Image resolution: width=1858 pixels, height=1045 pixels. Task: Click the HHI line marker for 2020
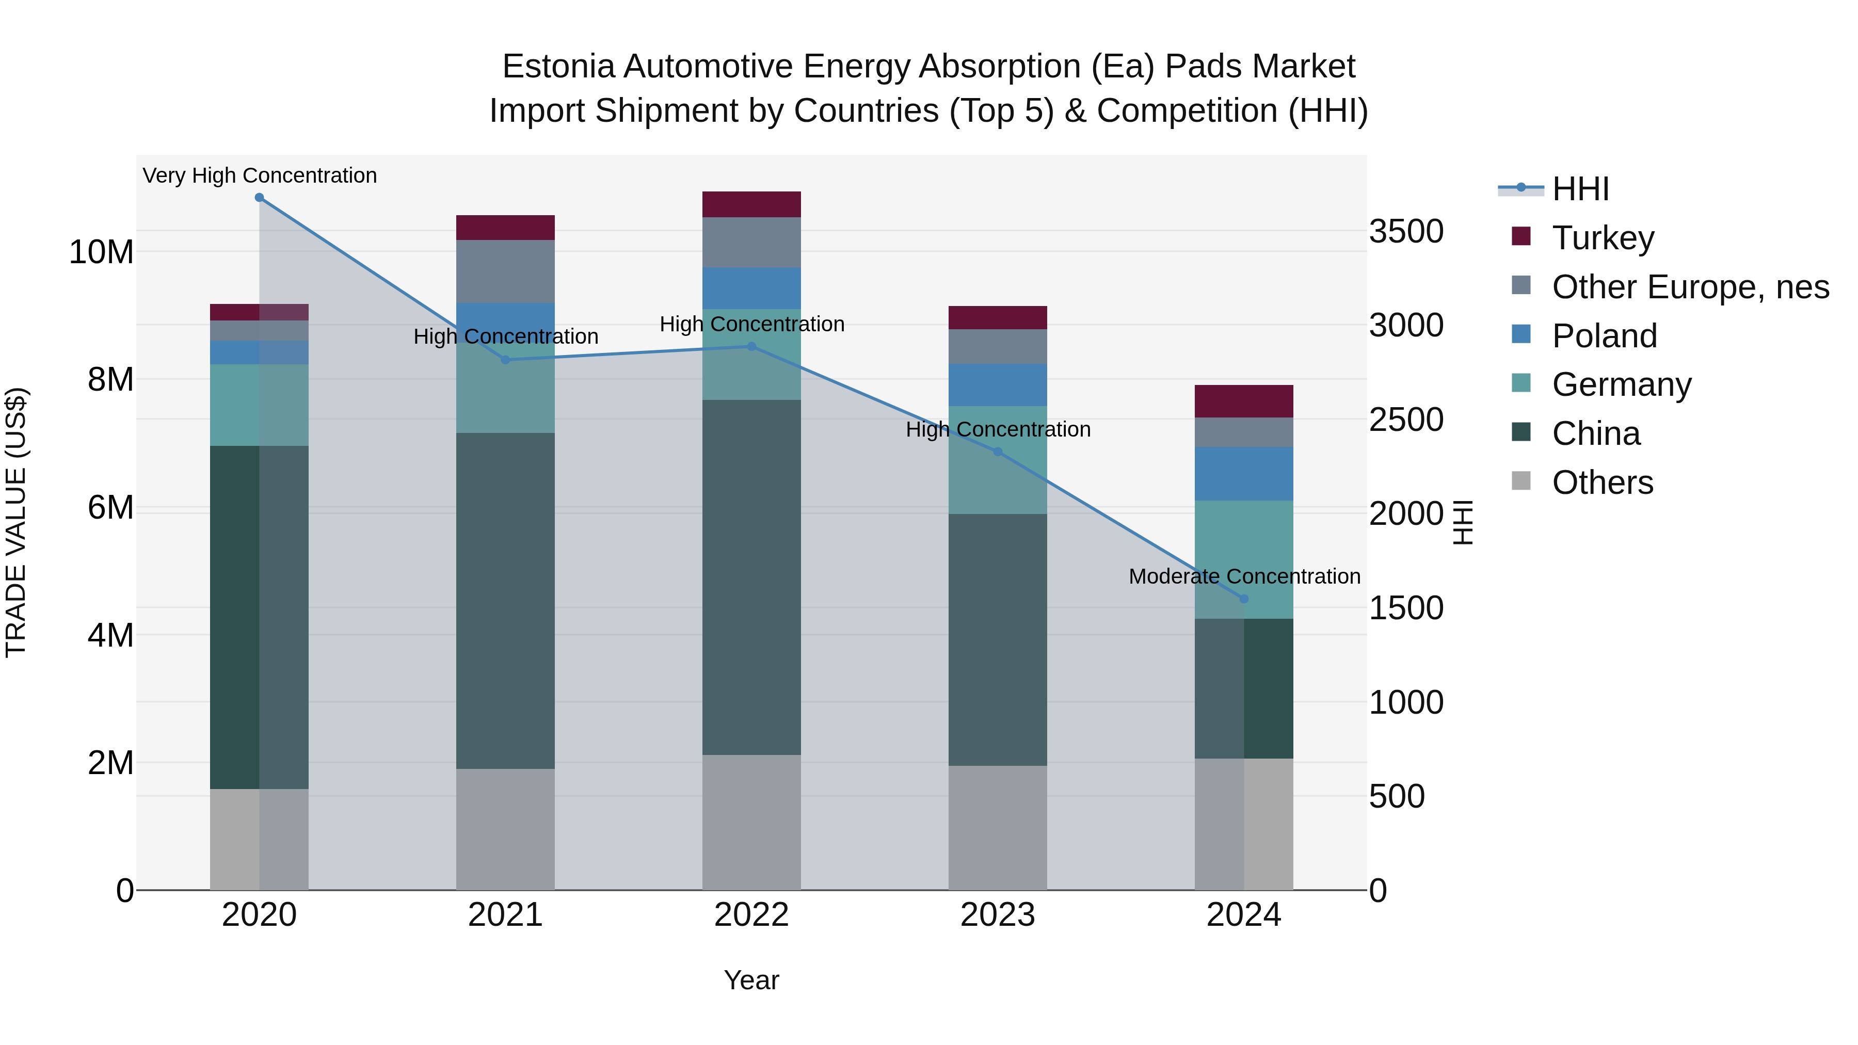[x=259, y=198]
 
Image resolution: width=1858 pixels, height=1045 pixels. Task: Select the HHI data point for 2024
[x=1243, y=599]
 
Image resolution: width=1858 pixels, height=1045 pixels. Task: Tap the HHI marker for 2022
[x=751, y=347]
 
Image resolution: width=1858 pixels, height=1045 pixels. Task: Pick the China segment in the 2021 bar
[x=506, y=601]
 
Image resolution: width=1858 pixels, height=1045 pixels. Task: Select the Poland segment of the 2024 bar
[x=1243, y=474]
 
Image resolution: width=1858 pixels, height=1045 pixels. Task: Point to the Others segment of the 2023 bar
[x=998, y=828]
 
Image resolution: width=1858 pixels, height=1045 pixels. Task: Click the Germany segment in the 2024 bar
[x=1243, y=559]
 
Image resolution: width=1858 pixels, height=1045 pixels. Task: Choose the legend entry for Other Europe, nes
[x=1690, y=287]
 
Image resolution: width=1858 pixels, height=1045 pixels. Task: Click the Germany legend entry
[x=1622, y=385]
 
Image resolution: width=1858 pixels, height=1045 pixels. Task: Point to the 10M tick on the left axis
[x=101, y=252]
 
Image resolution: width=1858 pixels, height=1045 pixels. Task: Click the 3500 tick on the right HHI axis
[x=1406, y=232]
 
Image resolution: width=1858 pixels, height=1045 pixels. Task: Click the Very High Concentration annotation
[x=260, y=176]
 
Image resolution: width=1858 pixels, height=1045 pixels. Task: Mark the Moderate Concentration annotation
[x=1244, y=577]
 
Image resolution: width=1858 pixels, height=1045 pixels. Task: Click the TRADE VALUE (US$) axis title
[x=16, y=522]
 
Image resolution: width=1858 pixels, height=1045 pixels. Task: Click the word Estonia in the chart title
[x=558, y=67]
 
